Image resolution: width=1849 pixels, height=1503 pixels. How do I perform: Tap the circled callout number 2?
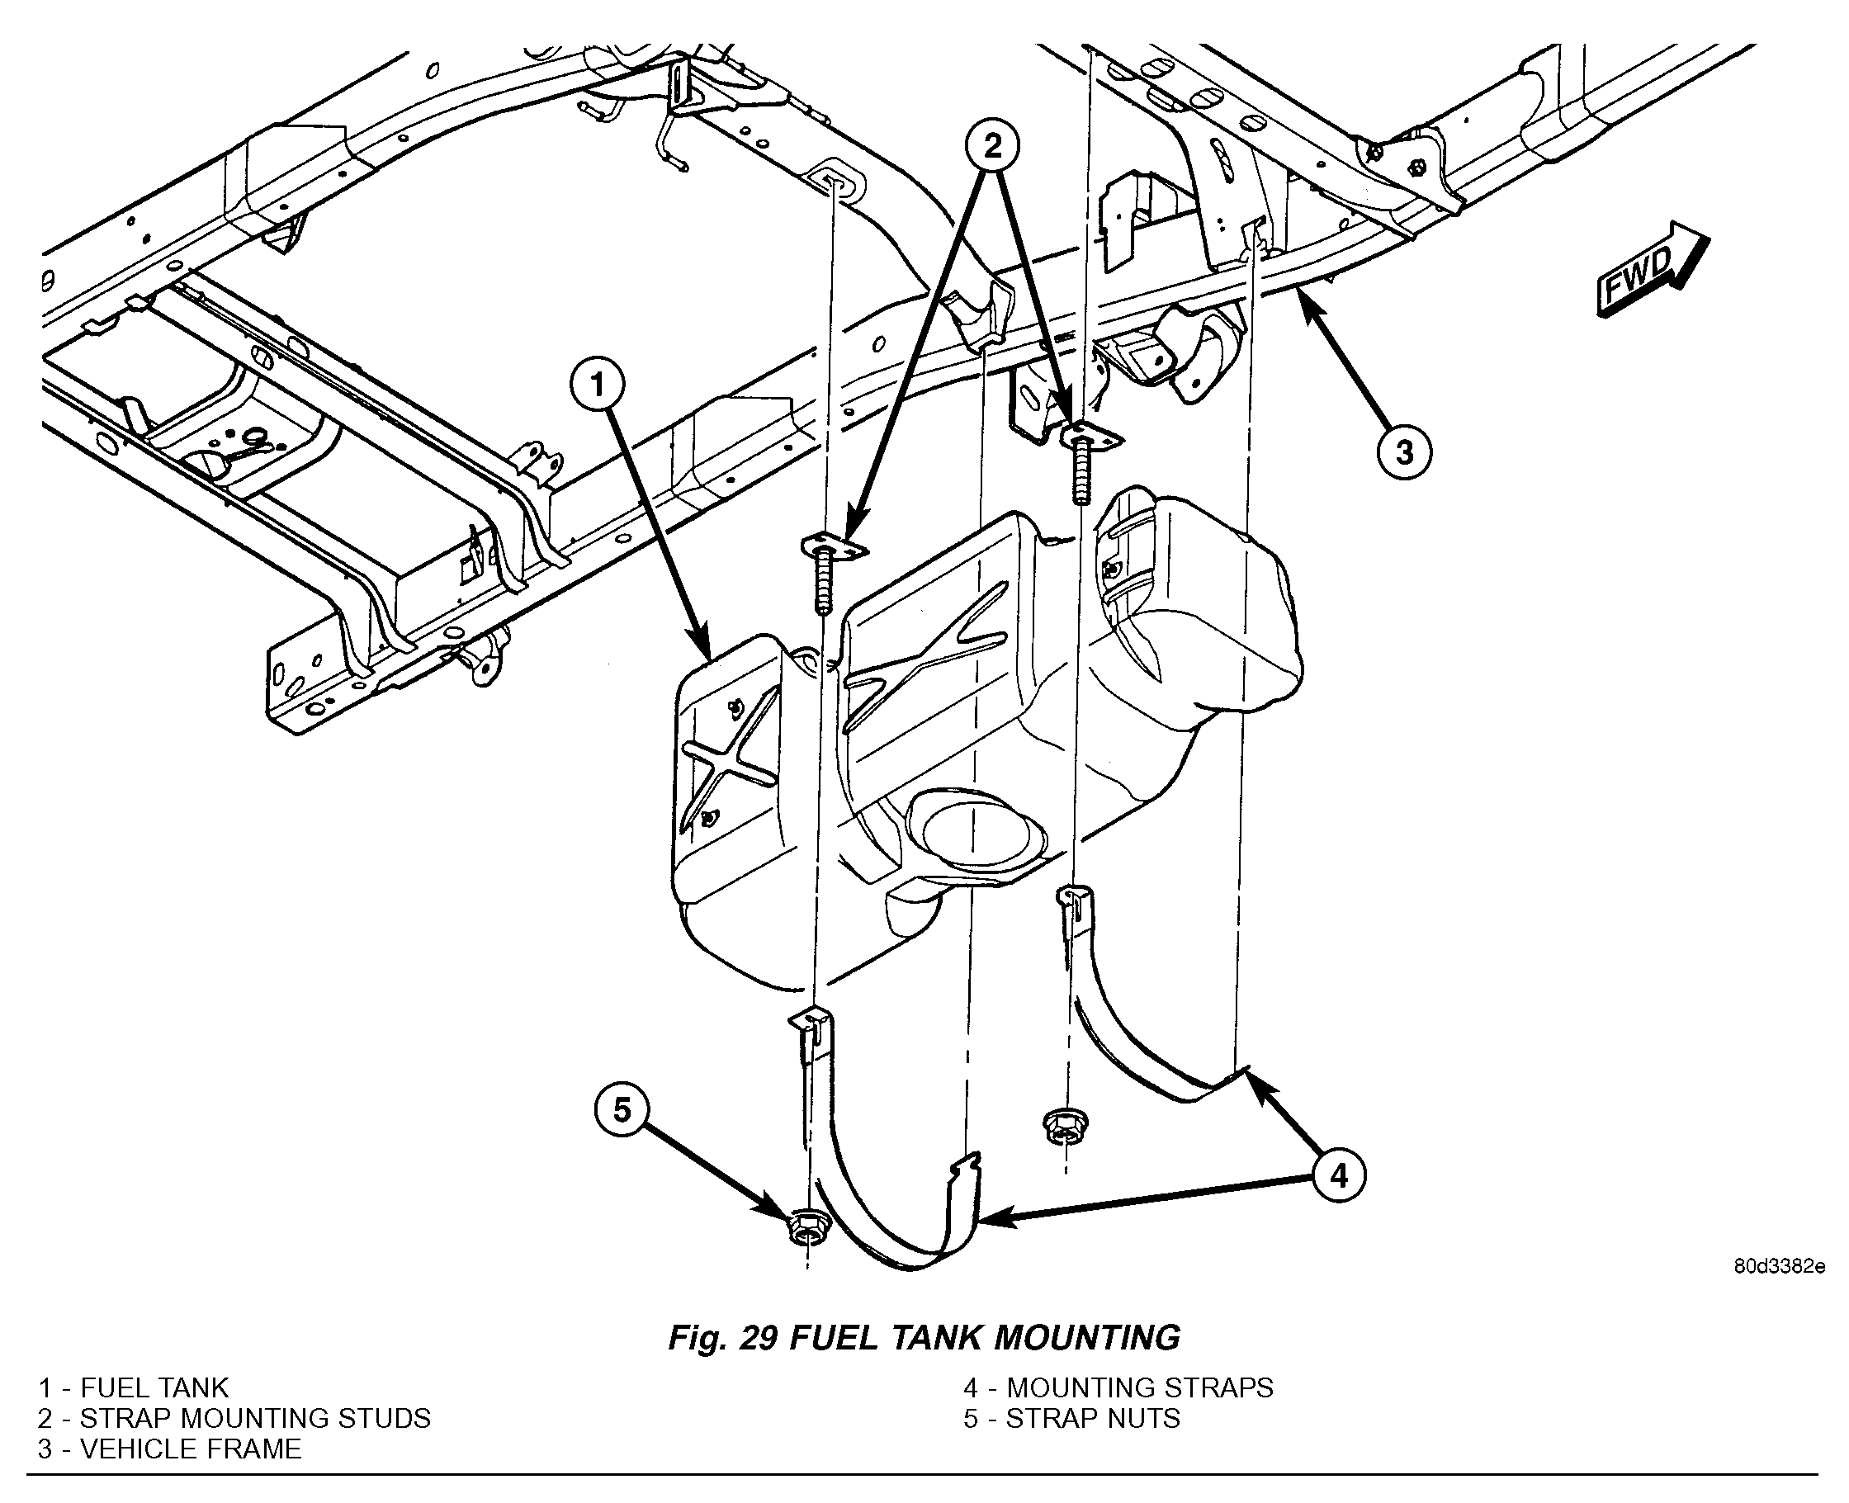coord(992,145)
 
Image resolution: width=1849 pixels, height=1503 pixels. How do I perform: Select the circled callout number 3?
coord(1403,451)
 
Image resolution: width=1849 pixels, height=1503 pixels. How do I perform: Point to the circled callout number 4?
coord(1338,1175)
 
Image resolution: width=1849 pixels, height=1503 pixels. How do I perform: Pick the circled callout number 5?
coord(622,1110)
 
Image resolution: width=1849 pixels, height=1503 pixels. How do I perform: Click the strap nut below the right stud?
coord(1061,1127)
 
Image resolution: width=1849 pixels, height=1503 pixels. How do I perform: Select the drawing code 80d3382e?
coord(1779,1267)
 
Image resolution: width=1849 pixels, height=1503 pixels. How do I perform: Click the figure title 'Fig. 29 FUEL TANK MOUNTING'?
coord(924,1338)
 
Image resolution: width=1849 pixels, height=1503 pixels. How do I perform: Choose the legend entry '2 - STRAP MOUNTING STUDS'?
coord(234,1418)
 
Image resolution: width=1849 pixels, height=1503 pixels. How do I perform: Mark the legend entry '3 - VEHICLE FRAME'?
coord(170,1449)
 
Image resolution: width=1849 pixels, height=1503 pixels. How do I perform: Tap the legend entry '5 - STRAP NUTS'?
coord(1071,1418)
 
